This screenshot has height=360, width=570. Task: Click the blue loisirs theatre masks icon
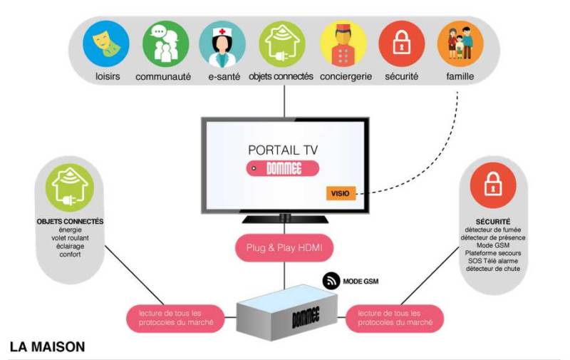tap(106, 43)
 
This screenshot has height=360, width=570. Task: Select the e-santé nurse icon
tap(222, 43)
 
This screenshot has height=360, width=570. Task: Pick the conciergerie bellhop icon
tap(343, 43)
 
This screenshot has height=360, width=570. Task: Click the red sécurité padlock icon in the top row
tap(401, 43)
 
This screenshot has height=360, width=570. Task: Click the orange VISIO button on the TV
tap(340, 192)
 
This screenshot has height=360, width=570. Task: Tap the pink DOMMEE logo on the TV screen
tap(284, 169)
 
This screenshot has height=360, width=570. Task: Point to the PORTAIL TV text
tap(284, 150)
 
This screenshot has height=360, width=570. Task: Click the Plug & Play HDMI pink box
tap(284, 248)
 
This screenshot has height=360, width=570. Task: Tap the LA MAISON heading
tap(47, 347)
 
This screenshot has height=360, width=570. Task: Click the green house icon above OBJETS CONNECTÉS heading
tap(70, 187)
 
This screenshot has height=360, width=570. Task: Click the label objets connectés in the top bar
tap(281, 76)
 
